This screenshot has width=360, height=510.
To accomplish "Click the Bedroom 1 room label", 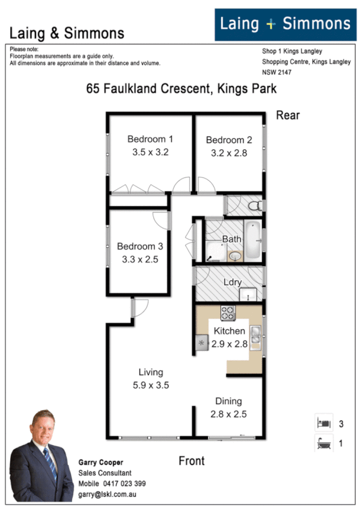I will (150, 140).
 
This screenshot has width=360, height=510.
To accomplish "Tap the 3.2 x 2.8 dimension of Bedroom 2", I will (229, 153).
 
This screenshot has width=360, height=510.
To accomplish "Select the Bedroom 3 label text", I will (139, 246).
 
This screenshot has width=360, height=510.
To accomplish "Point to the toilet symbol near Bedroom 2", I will (255, 206).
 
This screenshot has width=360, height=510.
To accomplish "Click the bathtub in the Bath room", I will (253, 241).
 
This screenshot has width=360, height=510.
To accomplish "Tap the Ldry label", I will (232, 281).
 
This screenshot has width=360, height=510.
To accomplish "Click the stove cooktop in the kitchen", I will (228, 313).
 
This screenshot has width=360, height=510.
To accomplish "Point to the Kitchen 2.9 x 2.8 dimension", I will (229, 344).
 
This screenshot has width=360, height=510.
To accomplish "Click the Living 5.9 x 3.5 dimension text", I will (150, 385).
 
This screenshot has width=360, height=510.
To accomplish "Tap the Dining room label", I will (228, 401).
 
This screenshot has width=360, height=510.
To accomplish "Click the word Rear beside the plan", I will (287, 115).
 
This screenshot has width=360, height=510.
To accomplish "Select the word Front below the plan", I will (192, 461).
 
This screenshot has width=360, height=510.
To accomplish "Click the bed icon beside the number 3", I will (323, 423).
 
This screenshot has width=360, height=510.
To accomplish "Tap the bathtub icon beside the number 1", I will (323, 445).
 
